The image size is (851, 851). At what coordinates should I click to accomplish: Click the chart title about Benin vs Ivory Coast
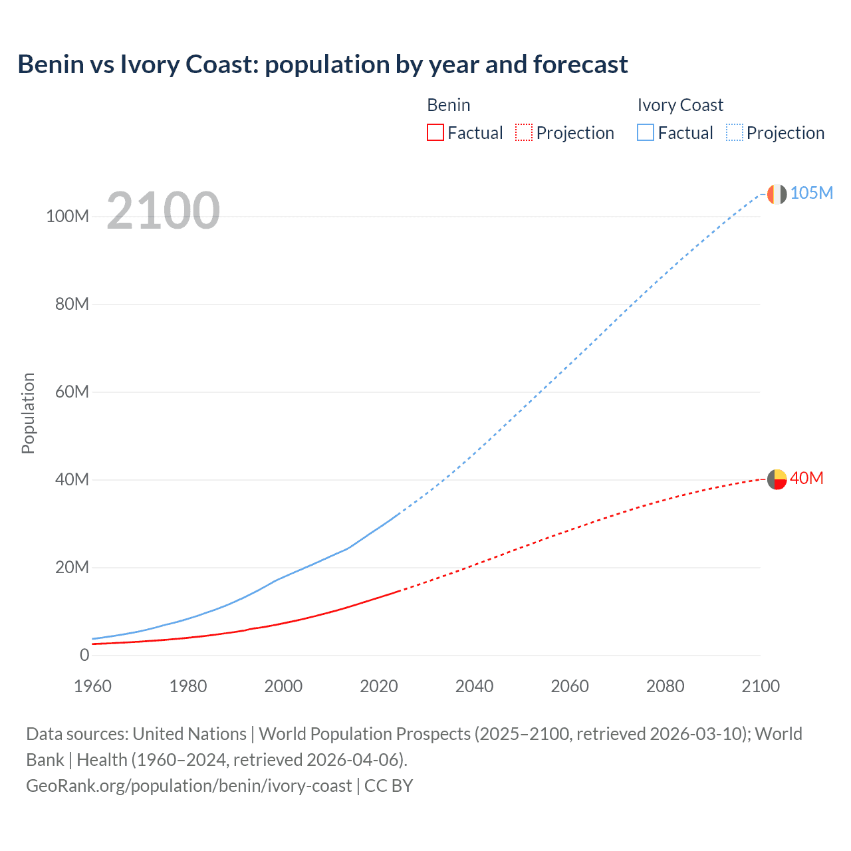322,64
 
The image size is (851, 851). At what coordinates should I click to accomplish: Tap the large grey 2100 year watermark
163,211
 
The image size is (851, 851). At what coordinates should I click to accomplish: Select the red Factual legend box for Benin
435,132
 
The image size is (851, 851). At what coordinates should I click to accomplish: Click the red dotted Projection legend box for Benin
524,132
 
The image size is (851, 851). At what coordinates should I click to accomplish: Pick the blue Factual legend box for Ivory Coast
646,132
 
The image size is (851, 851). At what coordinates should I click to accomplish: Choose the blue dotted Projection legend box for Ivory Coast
735,132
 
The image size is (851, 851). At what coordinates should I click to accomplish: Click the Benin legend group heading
449,105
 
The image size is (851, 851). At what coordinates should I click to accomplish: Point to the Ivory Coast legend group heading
680,105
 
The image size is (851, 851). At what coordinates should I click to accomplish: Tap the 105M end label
812,193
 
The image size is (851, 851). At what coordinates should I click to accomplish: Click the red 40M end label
806,479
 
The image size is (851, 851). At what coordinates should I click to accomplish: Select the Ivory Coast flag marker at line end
777,194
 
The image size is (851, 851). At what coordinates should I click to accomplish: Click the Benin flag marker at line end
777,479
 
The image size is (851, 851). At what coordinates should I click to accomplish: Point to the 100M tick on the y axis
67,217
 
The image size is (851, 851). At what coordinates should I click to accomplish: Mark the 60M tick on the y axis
72,392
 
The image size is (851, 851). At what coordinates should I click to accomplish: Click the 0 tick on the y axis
84,655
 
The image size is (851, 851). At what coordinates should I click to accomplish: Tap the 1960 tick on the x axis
92,686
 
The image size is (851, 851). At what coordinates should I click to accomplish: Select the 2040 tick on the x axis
474,686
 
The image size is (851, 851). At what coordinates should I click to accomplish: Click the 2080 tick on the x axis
665,686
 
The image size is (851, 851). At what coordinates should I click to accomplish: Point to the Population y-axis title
28,413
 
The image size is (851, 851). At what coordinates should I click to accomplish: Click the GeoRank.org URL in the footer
189,786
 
